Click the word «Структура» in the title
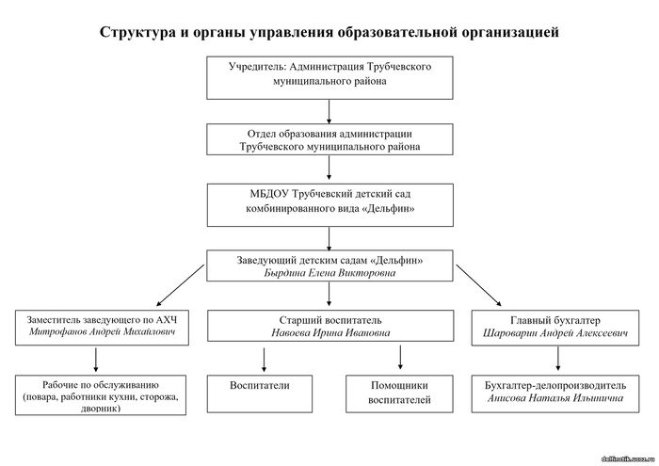point(137,32)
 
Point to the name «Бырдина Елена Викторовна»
point(329,273)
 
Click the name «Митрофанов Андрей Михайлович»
point(102,332)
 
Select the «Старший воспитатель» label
point(330,320)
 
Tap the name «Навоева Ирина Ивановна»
point(330,333)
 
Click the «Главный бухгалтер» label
point(555,320)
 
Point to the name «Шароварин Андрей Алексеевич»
point(555,333)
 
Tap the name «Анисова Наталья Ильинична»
point(555,398)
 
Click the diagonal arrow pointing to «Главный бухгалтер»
point(478,285)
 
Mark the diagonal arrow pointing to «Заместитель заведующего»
point(180,285)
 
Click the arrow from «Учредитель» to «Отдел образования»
point(329,111)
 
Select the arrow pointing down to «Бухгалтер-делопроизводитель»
point(558,359)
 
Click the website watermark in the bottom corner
point(628,458)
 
